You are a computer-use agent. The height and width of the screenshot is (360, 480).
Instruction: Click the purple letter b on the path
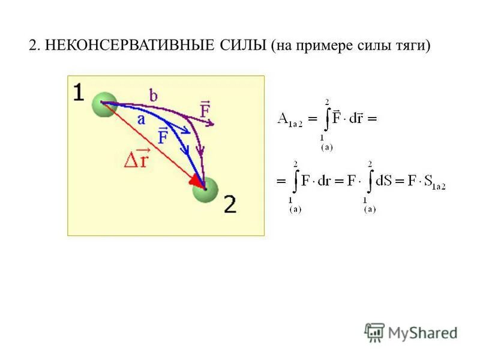click(x=154, y=95)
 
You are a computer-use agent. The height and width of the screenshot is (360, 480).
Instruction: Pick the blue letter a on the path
click(x=141, y=119)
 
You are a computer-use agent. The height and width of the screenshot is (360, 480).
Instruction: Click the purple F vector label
click(x=205, y=110)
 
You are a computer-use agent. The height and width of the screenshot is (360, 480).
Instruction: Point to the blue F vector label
click(x=163, y=136)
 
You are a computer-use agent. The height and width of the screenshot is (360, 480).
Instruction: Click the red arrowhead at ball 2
click(x=196, y=179)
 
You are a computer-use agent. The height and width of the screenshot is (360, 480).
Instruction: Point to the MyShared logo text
click(x=422, y=332)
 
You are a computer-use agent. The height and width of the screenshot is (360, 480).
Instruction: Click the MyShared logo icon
click(x=374, y=332)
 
